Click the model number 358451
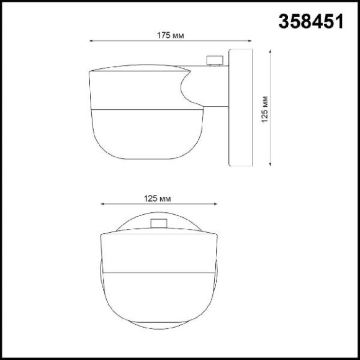[308, 22]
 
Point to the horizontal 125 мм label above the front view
[157, 199]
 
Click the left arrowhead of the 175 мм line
[92, 42]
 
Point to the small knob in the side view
[214, 60]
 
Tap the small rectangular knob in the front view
[159, 224]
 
